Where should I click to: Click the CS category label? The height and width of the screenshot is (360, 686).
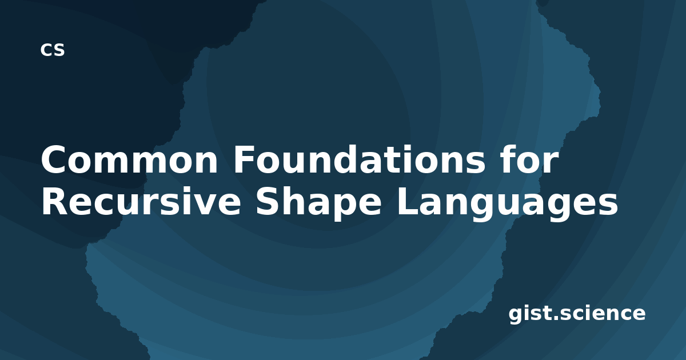click(53, 50)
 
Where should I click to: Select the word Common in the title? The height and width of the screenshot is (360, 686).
click(129, 160)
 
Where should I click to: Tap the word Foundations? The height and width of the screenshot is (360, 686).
click(359, 159)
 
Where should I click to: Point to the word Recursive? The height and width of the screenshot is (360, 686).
click(141, 201)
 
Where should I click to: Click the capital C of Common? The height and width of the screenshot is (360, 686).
click(54, 160)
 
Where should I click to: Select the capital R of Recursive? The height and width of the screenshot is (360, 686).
click(55, 201)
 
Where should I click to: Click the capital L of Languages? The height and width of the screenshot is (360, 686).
click(408, 201)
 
